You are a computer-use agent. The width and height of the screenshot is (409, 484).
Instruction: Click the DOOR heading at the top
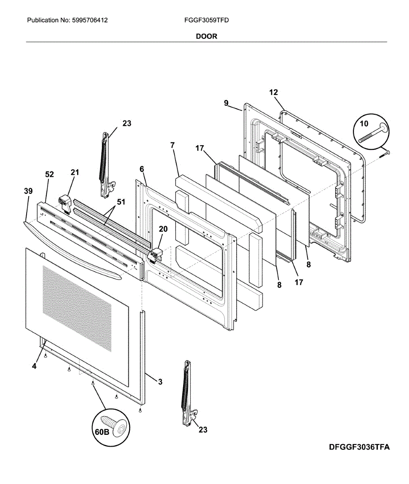click(207, 36)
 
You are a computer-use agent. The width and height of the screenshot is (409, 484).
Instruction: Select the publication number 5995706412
click(90, 20)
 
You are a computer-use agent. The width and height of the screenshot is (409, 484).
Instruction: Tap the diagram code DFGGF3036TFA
click(359, 447)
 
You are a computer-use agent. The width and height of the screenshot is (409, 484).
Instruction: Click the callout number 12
click(273, 92)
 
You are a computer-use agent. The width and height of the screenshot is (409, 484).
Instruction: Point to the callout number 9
click(226, 103)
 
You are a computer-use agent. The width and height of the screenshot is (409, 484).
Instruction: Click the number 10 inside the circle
click(364, 123)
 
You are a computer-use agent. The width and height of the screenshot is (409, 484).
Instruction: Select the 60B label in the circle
click(102, 432)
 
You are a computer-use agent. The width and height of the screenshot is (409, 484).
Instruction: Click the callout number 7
click(172, 145)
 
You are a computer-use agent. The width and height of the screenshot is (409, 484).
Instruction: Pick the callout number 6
click(142, 169)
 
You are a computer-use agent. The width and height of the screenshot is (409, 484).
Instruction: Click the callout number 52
click(49, 174)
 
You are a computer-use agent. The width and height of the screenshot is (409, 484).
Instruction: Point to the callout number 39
click(28, 191)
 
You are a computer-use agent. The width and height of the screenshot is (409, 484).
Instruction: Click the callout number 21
click(75, 173)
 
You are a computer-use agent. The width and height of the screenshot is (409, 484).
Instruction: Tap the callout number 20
click(163, 229)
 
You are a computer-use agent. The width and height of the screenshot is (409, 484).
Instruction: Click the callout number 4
click(34, 366)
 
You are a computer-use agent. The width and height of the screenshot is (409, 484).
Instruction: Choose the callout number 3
click(160, 382)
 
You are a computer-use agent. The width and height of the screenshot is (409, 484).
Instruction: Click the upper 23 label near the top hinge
click(127, 123)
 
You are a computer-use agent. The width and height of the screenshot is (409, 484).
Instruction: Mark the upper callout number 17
click(200, 148)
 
